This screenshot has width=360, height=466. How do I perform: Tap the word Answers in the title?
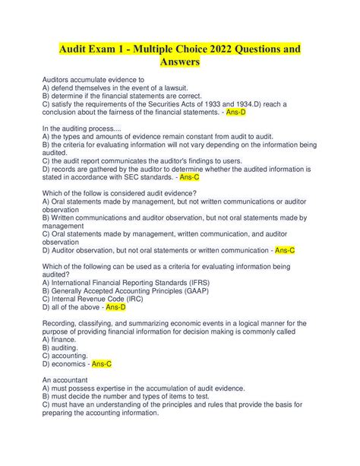pos(179,64)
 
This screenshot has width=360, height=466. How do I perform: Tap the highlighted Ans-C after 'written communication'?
pos(285,249)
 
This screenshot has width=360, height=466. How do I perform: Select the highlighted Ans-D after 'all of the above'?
pos(116,306)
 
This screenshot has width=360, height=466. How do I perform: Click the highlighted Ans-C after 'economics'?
pos(102,363)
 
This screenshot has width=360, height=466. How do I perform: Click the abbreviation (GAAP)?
pos(195,290)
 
